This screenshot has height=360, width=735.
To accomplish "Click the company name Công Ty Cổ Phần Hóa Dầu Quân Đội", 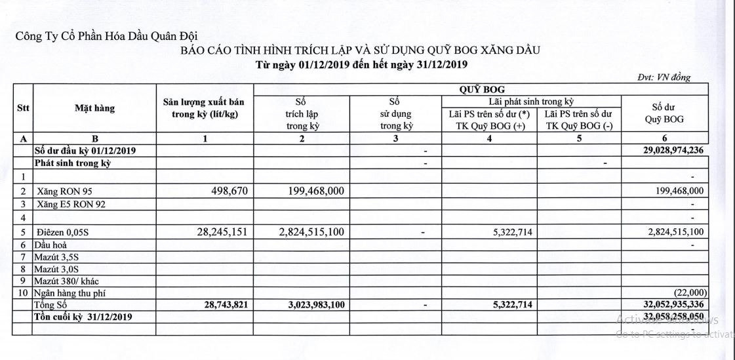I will pos(106,37).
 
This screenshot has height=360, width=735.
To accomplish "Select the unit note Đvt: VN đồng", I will pos(664,77).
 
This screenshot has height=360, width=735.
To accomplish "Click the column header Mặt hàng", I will pos(94,108).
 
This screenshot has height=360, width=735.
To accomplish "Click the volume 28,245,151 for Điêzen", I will pos(212,231).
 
